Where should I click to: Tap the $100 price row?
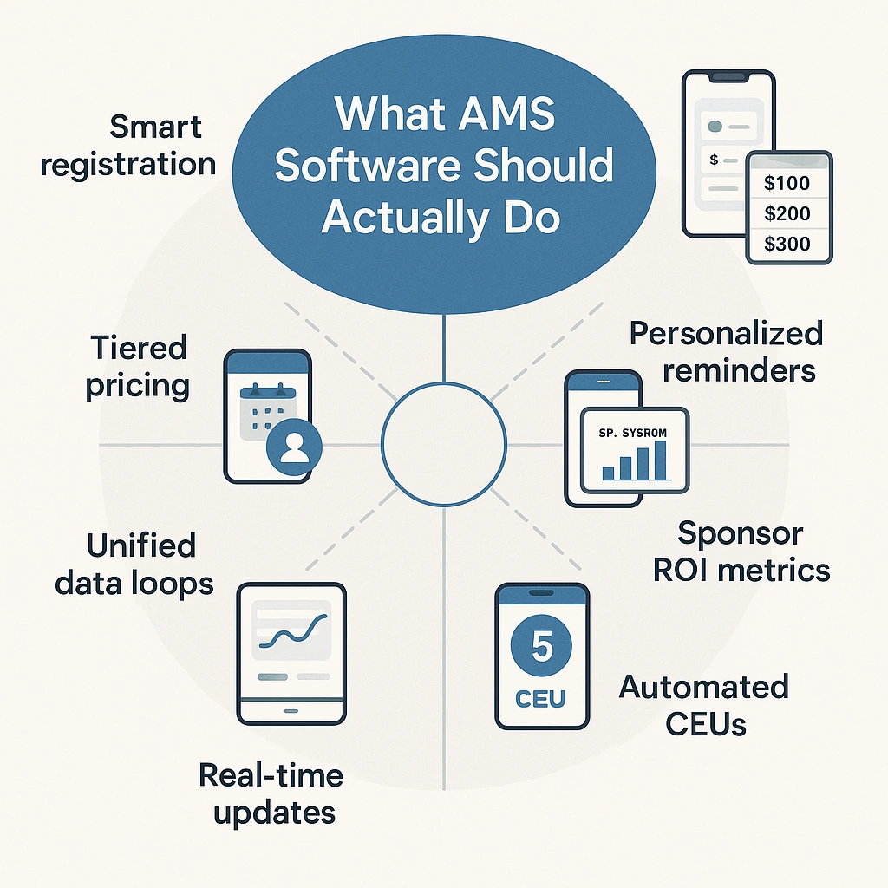(787, 183)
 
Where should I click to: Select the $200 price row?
(787, 213)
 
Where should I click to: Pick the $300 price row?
(787, 244)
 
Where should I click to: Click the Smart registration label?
(128, 145)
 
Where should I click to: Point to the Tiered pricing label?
(137, 367)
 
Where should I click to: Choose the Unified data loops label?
(134, 565)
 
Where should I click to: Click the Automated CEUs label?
(703, 705)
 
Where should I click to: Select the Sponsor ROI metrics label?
(741, 552)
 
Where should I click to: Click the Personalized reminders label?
(725, 351)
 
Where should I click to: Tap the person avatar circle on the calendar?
(295, 447)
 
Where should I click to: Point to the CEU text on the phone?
(542, 699)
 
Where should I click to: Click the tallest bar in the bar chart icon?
(660, 460)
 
